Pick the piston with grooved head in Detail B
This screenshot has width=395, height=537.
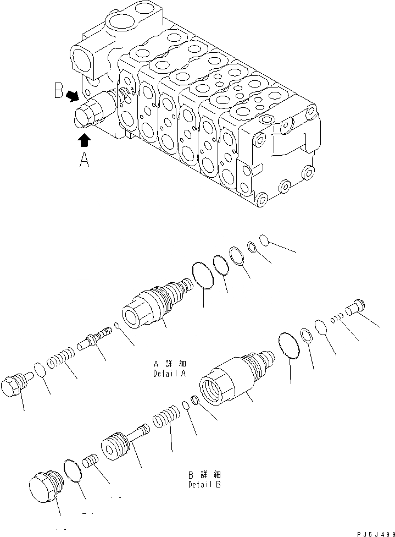(x=121, y=440)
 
